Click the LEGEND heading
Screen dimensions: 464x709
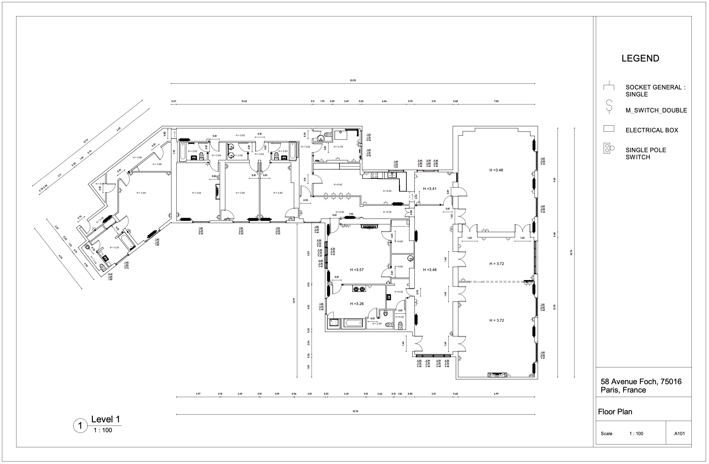point(640,59)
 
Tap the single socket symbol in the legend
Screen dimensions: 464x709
point(609,87)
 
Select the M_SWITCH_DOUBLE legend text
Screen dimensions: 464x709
point(656,111)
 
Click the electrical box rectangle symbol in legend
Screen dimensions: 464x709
point(609,129)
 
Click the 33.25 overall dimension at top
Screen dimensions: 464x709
point(353,80)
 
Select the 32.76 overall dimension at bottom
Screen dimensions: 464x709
point(355,411)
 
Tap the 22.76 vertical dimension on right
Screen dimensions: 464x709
point(571,253)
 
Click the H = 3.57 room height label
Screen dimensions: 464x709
point(357,270)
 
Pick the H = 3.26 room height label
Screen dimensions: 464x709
point(357,304)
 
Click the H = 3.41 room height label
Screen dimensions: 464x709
point(429,189)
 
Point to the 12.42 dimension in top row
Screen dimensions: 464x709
point(244,101)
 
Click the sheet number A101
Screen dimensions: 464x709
point(679,434)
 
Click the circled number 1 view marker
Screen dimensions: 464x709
point(80,426)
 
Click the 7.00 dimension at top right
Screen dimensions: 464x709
point(496,101)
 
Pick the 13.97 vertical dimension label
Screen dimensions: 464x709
point(294,301)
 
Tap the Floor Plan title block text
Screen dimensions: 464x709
point(615,412)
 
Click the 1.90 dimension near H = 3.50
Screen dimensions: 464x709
point(351,214)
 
